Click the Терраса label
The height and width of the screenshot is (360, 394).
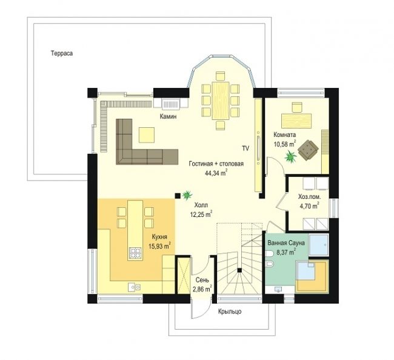click(x=62, y=53)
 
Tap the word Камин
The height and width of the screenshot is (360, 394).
click(x=168, y=116)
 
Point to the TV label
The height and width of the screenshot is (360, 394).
click(x=245, y=148)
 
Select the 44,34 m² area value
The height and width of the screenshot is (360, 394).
click(x=216, y=173)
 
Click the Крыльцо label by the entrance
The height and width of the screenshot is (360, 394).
click(x=230, y=312)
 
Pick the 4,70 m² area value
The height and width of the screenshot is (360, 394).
click(x=309, y=206)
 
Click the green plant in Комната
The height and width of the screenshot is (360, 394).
click(x=291, y=156)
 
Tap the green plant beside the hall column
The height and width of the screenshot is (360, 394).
click(x=187, y=195)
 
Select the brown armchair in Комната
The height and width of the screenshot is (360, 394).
click(x=308, y=150)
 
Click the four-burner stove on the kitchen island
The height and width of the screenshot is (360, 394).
click(x=135, y=253)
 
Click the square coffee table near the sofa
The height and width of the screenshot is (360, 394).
click(x=146, y=135)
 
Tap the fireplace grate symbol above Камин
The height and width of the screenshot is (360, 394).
click(x=171, y=104)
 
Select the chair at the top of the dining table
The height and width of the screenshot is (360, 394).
click(x=221, y=76)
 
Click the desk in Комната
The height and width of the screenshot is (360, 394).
click(x=296, y=121)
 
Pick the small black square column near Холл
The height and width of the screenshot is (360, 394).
click(x=178, y=195)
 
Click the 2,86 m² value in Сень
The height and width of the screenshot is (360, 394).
click(x=202, y=289)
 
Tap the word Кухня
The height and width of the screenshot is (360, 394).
click(x=159, y=236)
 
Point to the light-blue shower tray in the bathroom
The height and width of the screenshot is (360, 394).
click(x=318, y=245)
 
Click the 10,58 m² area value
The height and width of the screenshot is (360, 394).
click(x=285, y=144)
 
